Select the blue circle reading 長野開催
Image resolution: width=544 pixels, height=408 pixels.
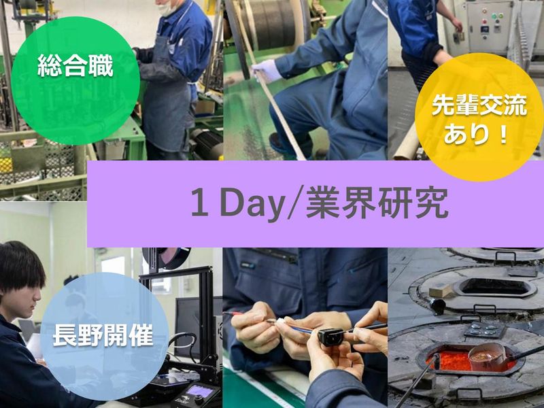pyautogui.click(x=104, y=333)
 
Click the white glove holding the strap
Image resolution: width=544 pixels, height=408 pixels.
pyautogui.click(x=265, y=70)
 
